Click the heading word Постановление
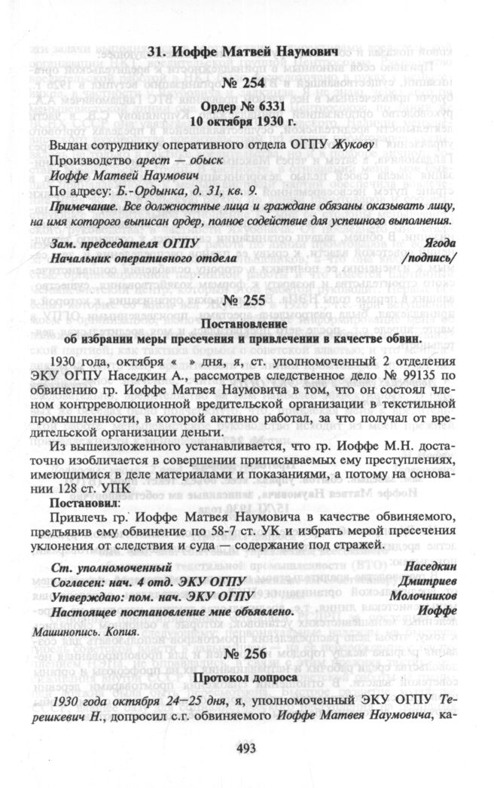pos(246,324)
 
